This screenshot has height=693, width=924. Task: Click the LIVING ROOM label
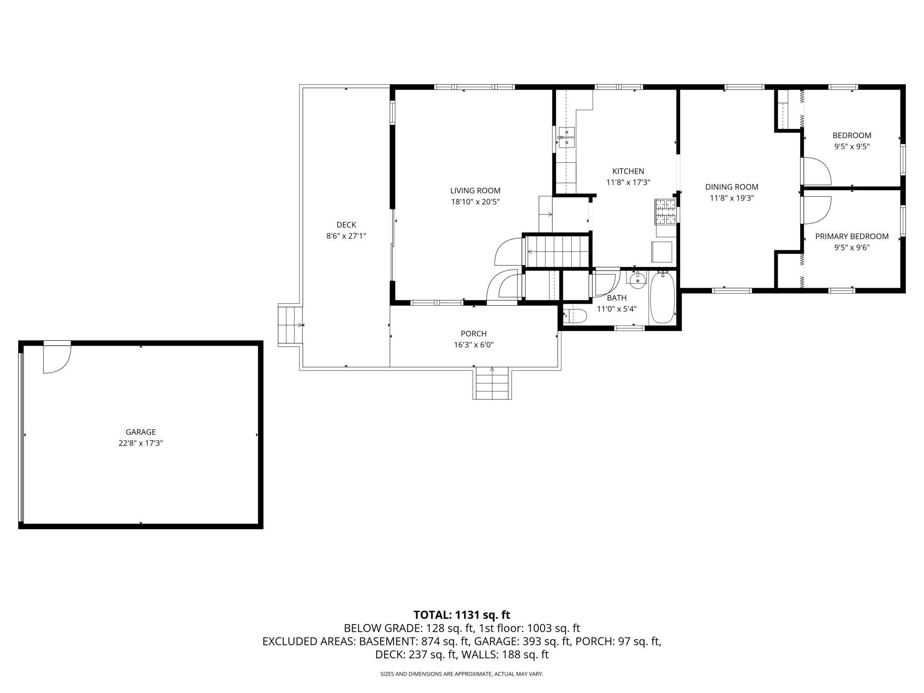pos(475,191)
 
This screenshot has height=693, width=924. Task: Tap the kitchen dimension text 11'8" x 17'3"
pos(628,182)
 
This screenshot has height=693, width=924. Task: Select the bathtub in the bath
pos(662,297)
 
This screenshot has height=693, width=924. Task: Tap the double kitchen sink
pos(567,137)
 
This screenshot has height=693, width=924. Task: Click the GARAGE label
pos(141,432)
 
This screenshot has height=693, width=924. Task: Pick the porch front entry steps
pos(492,383)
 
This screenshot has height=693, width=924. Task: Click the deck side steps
pos(290,325)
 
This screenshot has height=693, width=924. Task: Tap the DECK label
pos(346,225)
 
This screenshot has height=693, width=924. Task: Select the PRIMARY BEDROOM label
pos(852,236)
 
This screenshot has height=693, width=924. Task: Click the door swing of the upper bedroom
pos(816,171)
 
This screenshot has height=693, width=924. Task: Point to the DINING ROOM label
pos(732,187)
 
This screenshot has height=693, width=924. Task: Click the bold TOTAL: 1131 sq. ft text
pos(462,615)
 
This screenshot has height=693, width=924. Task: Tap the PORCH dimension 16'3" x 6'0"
pos(474,345)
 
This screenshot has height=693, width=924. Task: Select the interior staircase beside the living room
pos(557,252)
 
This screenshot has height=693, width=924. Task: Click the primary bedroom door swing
pos(816,210)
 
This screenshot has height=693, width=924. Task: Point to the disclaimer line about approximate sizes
pos(462,674)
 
